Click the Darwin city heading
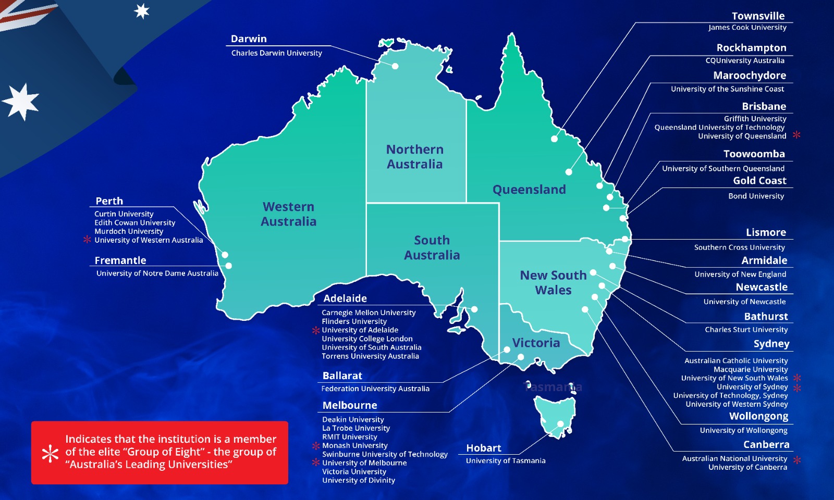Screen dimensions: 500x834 249,39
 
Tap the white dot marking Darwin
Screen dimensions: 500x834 395,66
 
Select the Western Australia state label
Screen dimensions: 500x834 288,214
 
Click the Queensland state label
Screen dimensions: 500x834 529,190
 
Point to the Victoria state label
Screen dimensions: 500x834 536,343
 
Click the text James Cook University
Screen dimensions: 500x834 747,28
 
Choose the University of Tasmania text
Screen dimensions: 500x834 506,460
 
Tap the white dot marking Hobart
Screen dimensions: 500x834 560,423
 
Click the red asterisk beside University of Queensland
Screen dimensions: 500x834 796,135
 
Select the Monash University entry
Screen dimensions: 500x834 354,445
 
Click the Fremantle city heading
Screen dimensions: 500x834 120,260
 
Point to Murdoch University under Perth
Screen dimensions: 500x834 129,231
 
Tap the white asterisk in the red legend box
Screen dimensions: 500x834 50,453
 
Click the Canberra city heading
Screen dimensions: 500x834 766,445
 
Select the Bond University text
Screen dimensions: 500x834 756,196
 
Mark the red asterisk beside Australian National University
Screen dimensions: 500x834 797,460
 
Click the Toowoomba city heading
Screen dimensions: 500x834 754,154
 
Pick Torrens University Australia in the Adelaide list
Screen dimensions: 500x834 370,356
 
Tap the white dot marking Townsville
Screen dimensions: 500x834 554,139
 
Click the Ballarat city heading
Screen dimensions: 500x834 342,376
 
